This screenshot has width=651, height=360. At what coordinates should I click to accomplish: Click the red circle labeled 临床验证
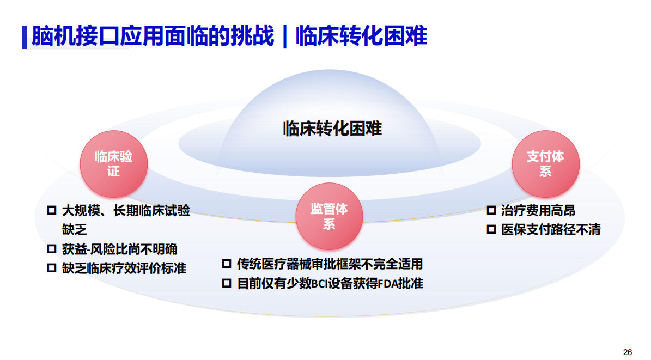tap(114, 164)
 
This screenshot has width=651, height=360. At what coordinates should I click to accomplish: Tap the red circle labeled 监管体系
tap(329, 216)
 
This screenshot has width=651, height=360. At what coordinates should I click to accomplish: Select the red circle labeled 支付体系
tap(545, 164)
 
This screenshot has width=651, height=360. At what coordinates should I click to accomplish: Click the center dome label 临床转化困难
tap(332, 129)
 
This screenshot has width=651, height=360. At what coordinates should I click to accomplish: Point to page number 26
tap(628, 352)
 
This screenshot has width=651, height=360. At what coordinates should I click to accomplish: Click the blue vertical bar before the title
tap(25, 38)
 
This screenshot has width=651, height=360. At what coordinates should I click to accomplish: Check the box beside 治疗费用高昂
tap(491, 210)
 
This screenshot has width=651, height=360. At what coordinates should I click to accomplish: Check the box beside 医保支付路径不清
tap(491, 229)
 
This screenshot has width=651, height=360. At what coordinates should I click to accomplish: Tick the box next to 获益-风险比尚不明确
tap(52, 249)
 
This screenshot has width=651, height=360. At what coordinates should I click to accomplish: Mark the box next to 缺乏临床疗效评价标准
tap(52, 268)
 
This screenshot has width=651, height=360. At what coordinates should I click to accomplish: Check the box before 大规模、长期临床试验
tap(52, 210)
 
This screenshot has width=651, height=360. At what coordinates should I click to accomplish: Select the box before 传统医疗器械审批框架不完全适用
tap(226, 264)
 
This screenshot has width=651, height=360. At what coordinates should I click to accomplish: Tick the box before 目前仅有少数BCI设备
tap(226, 283)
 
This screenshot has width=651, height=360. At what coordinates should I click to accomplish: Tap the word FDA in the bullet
tap(388, 284)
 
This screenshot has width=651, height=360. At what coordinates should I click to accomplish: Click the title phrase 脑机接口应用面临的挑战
tap(153, 36)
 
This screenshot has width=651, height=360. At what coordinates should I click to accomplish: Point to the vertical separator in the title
tap(285, 36)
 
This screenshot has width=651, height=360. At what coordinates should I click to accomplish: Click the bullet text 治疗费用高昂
tap(538, 211)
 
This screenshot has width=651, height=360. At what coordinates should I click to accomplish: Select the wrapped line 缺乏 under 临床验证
tap(74, 230)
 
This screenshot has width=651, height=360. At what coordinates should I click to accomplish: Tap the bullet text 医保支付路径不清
tap(551, 230)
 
